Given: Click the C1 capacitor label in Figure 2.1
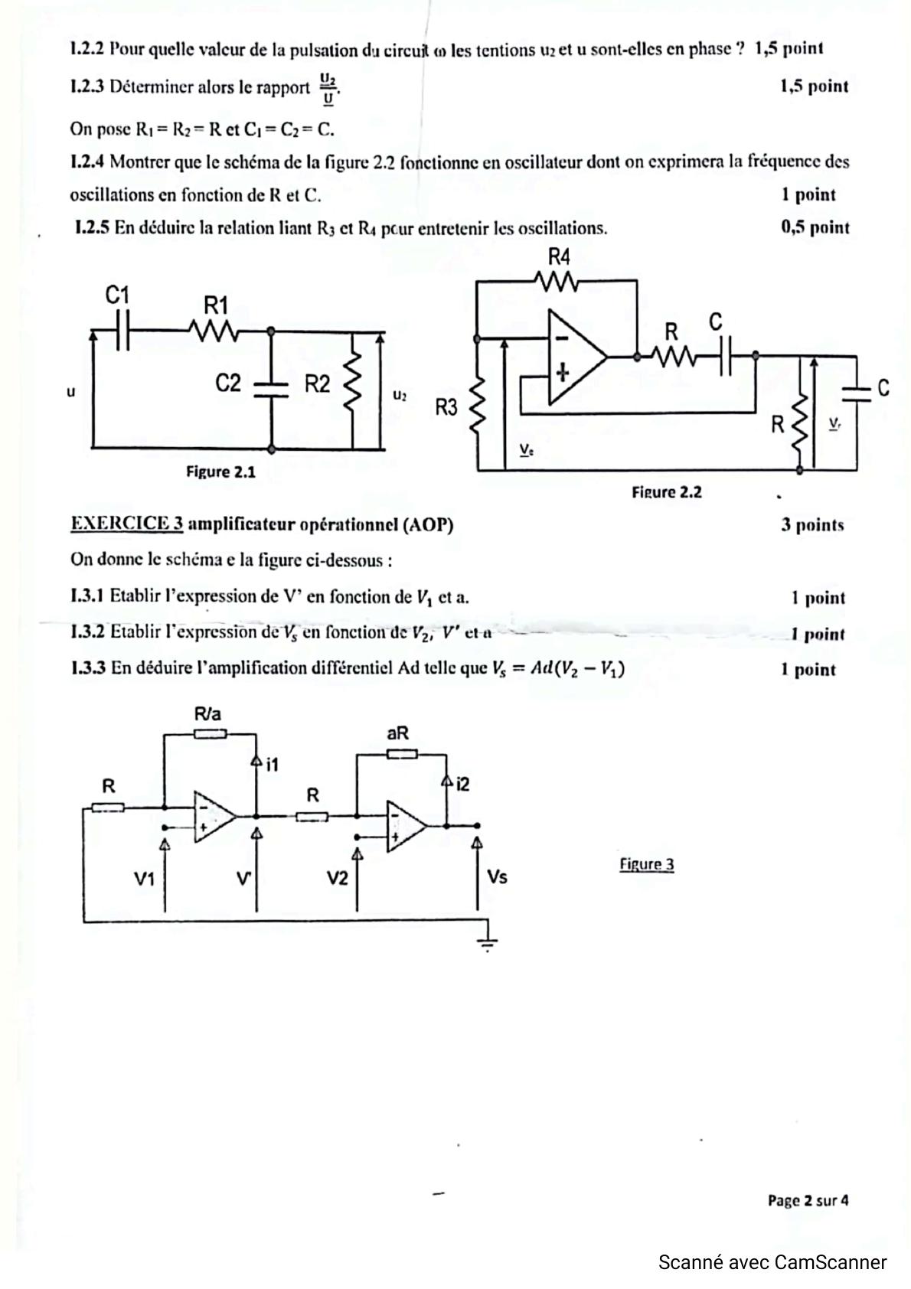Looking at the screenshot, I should click(x=117, y=295).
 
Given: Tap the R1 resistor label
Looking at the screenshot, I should click(x=216, y=305).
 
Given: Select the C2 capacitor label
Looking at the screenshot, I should click(x=228, y=383).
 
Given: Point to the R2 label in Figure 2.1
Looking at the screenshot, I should click(x=317, y=383).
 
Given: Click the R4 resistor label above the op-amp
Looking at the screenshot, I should click(x=559, y=256).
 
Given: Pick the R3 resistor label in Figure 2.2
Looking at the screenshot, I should click(x=446, y=407).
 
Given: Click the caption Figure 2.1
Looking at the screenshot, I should click(x=220, y=472).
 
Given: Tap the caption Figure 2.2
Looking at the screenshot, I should click(x=666, y=492).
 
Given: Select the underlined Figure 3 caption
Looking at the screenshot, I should click(x=646, y=864).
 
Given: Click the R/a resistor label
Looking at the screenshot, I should click(x=207, y=714).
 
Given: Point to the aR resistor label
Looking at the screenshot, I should click(x=398, y=733).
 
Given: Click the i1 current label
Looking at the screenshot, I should click(x=273, y=763).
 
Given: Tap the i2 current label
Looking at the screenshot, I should click(x=462, y=784).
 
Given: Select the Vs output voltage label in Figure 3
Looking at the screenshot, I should click(x=497, y=876).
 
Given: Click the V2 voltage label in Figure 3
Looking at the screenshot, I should click(x=337, y=878).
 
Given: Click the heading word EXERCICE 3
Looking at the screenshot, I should click(x=126, y=524).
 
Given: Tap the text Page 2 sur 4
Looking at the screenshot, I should click(x=808, y=1200).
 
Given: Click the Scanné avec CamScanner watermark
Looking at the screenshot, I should click(x=772, y=1262).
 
